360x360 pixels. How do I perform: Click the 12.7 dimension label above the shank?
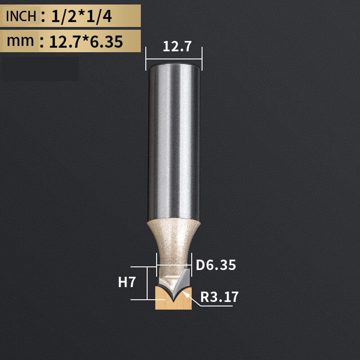(174, 46)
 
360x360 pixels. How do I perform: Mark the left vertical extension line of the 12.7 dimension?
(146, 58)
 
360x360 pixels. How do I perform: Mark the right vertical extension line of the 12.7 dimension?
(202, 58)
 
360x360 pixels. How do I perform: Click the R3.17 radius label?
(219, 297)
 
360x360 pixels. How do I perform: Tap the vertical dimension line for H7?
(147, 283)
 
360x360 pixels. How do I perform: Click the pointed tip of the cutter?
(174, 299)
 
